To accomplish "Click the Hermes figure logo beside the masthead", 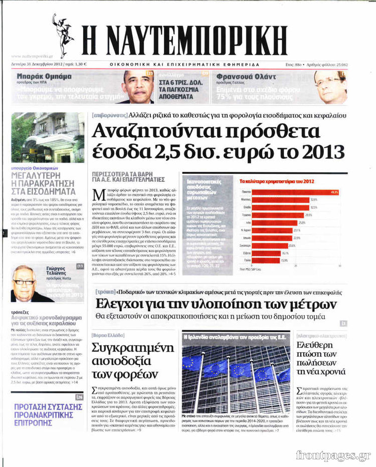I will pyautogui.click(x=63, y=35).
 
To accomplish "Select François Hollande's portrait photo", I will pyautogui.click(x=330, y=87).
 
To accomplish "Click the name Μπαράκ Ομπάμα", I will pyautogui.click(x=44, y=77).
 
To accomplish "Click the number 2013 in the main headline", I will pyautogui.click(x=319, y=151).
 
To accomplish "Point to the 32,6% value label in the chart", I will pyautogui.click(x=314, y=199).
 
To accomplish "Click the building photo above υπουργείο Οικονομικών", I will pyautogui.click(x=48, y=137).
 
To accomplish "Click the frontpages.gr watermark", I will pyautogui.click(x=333, y=455).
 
